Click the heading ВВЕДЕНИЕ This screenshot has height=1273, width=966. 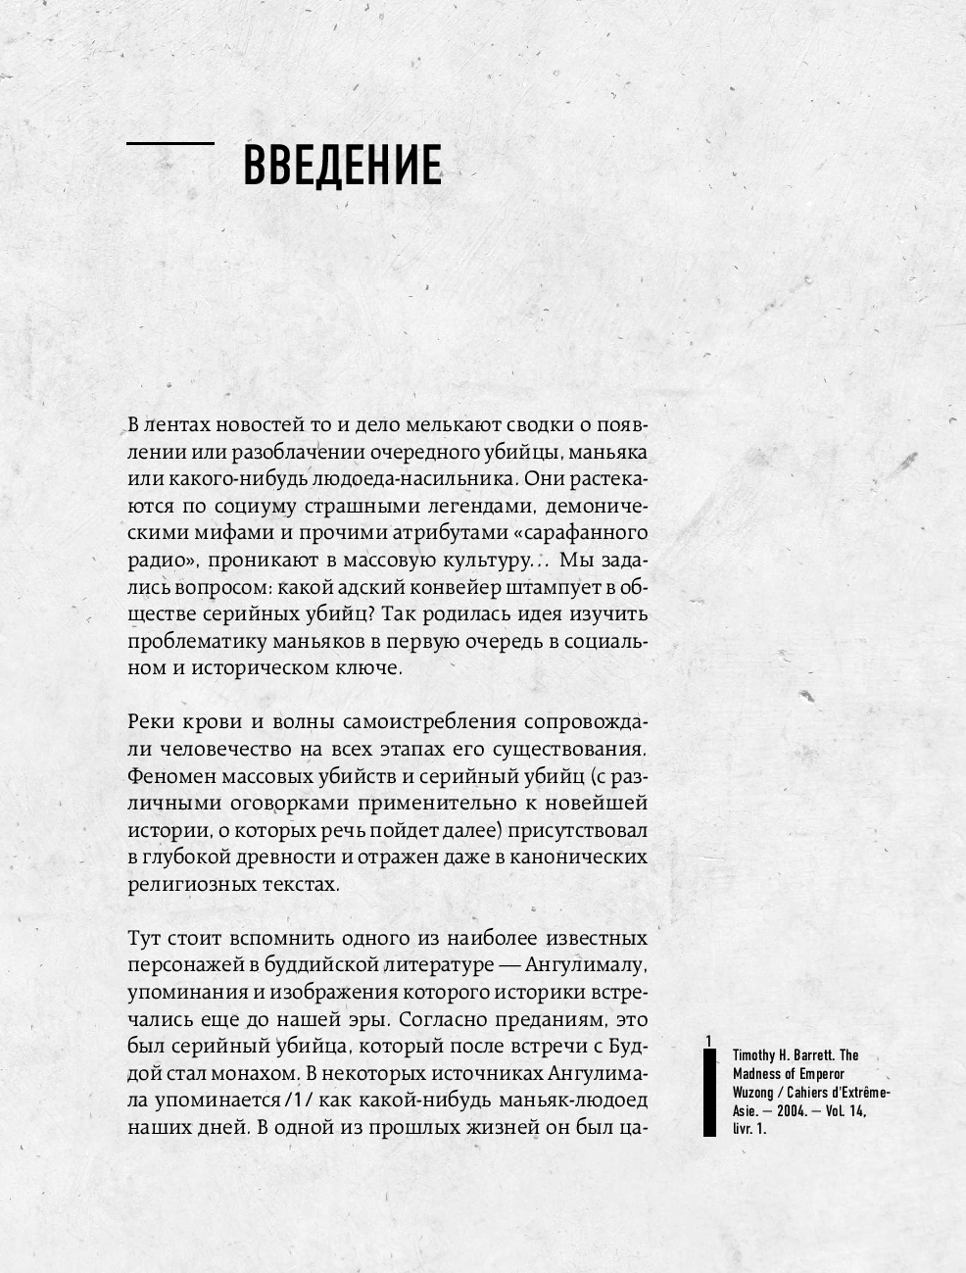tap(342, 166)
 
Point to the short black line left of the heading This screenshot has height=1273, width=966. tap(170, 144)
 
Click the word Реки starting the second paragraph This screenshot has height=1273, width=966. tap(151, 722)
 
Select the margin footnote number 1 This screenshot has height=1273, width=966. tap(708, 1039)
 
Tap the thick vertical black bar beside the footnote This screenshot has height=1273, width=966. tap(709, 1094)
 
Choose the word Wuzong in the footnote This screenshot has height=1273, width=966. tap(755, 1093)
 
